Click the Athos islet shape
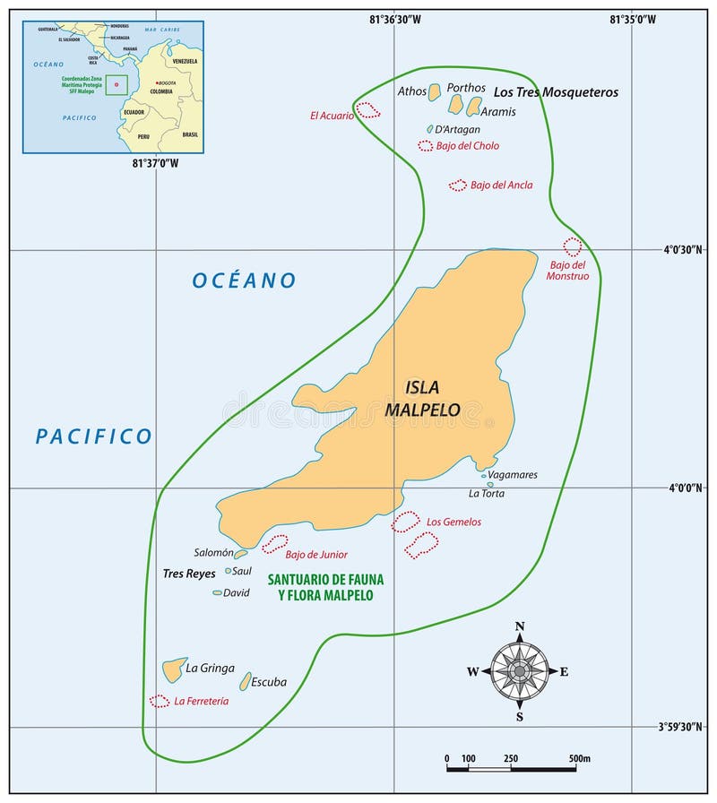coord(435,91)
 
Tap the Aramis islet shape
coord(474,106)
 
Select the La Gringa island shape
coord(173,669)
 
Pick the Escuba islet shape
coord(246,681)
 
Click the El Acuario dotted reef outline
coord(367,110)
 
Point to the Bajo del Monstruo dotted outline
coord(572,246)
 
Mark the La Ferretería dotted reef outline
coord(160,701)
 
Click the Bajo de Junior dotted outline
coord(274,543)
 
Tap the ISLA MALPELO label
coord(422,399)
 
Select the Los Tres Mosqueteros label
coord(556,91)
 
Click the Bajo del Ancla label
coord(501,186)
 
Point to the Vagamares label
coord(513,474)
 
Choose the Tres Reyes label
coord(188,574)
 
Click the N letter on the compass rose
coord(520,626)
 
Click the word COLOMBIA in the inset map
coord(162,91)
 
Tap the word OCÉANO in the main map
coord(244,281)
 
